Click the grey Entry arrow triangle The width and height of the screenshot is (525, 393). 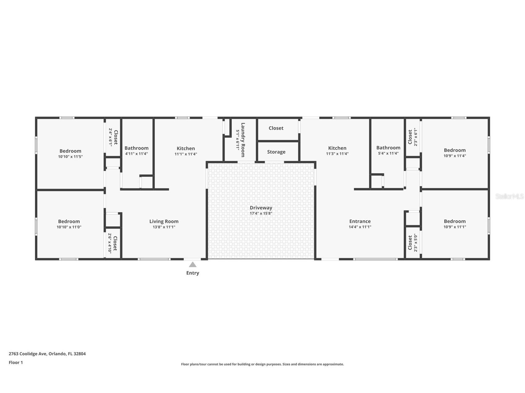pyautogui.click(x=193, y=264)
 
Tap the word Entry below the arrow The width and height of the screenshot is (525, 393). pyautogui.click(x=193, y=273)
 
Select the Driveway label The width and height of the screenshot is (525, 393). pyautogui.click(x=261, y=208)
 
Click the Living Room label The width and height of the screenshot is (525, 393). pyautogui.click(x=164, y=222)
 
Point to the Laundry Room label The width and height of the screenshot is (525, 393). pyautogui.click(x=243, y=140)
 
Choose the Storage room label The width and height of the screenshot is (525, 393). pyautogui.click(x=276, y=152)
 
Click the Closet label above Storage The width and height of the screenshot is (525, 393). pyautogui.click(x=276, y=128)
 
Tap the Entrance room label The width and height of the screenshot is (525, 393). pyautogui.click(x=360, y=222)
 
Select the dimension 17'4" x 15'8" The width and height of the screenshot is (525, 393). pyautogui.click(x=261, y=213)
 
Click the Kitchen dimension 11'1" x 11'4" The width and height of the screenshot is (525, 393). pyautogui.click(x=186, y=154)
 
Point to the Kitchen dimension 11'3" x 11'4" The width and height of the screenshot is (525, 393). pyautogui.click(x=338, y=154)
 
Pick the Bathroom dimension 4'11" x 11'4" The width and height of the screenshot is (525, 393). pyautogui.click(x=136, y=154)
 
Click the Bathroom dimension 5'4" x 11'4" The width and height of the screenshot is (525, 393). pyautogui.click(x=389, y=154)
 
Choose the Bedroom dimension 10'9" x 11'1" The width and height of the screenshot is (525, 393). pyautogui.click(x=455, y=227)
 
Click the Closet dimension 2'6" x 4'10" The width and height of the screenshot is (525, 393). pyautogui.click(x=110, y=243)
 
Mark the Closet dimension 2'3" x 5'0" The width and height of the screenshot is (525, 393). pyautogui.click(x=415, y=243)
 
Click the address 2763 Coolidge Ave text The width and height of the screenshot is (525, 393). pyautogui.click(x=28, y=354)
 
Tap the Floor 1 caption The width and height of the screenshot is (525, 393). pyautogui.click(x=16, y=363)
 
